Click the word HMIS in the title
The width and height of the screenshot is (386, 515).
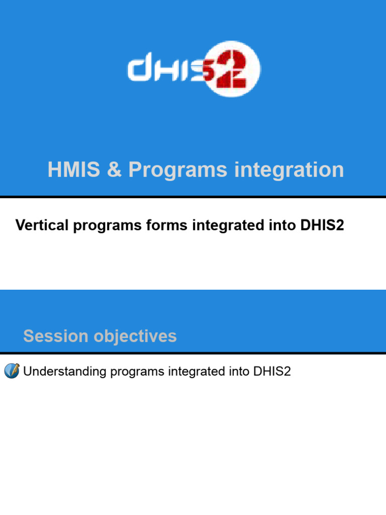(69, 170)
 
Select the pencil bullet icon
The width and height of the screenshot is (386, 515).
(12, 371)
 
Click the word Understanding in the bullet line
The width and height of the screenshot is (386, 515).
(65, 372)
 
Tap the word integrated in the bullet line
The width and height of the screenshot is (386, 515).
(194, 372)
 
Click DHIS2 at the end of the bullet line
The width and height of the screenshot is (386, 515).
(272, 372)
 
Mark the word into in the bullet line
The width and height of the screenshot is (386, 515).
(236, 372)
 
